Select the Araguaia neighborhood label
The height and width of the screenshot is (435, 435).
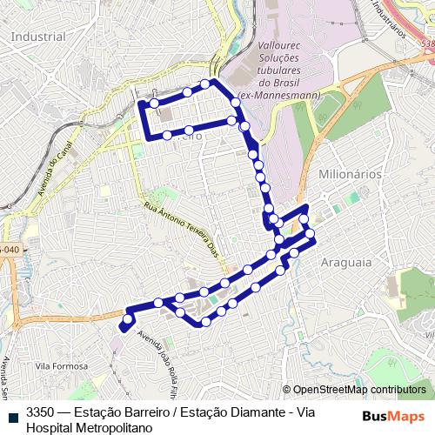(346, 261)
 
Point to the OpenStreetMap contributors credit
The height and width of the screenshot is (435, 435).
(359, 390)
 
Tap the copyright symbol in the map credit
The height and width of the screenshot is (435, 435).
(287, 390)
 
